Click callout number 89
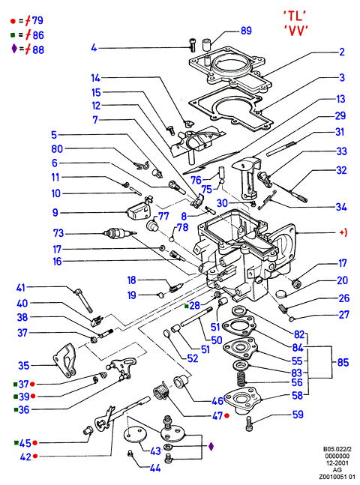pyautogui.click(x=246, y=31)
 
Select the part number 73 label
pyautogui.click(x=58, y=233)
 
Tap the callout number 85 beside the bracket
pyautogui.click(x=343, y=362)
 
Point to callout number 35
pyautogui.click(x=23, y=366)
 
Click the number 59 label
pyautogui.click(x=298, y=415)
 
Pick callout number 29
pyautogui.click(x=340, y=116)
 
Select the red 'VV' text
pyautogui.click(x=296, y=30)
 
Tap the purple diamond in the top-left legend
pyautogui.click(x=14, y=49)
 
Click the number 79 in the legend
pyautogui.click(x=37, y=21)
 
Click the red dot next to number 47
pyautogui.click(x=226, y=416)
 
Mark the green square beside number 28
pyautogui.click(x=186, y=307)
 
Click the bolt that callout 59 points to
pyautogui.click(x=250, y=424)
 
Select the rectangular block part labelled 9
pyautogui.click(x=137, y=211)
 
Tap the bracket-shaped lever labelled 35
pyautogui.click(x=64, y=361)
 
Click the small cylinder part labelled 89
pyautogui.click(x=206, y=44)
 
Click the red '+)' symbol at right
pyautogui.click(x=343, y=232)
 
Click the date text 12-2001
pyautogui.click(x=337, y=463)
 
